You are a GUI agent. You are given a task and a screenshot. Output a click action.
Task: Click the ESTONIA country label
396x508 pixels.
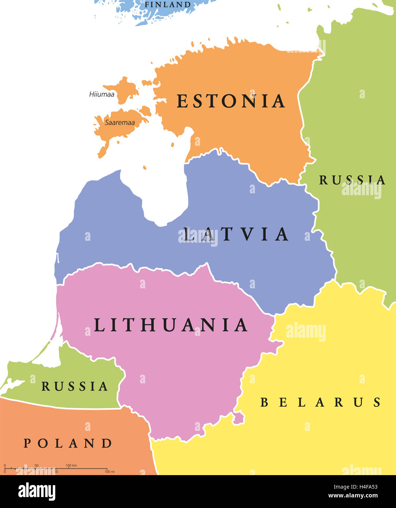231,101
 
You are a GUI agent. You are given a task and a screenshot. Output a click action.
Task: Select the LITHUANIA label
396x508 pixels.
171,325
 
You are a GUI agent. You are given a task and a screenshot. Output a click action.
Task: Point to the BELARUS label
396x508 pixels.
321,402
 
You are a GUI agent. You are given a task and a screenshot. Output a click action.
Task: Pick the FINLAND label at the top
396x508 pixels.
168,5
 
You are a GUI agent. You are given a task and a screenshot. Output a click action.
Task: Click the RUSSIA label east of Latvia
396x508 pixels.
352,180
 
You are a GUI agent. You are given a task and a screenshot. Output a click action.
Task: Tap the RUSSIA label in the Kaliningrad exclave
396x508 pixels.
75,386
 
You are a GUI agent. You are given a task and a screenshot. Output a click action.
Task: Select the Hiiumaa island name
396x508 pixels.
102,94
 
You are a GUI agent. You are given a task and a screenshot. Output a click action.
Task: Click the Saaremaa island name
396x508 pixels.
120,123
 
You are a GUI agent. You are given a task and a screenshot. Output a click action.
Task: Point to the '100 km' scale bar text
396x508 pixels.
71,465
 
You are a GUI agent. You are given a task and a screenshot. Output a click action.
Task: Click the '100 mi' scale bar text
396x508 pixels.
109,472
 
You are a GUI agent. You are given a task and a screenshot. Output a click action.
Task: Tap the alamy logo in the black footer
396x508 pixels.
37,492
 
